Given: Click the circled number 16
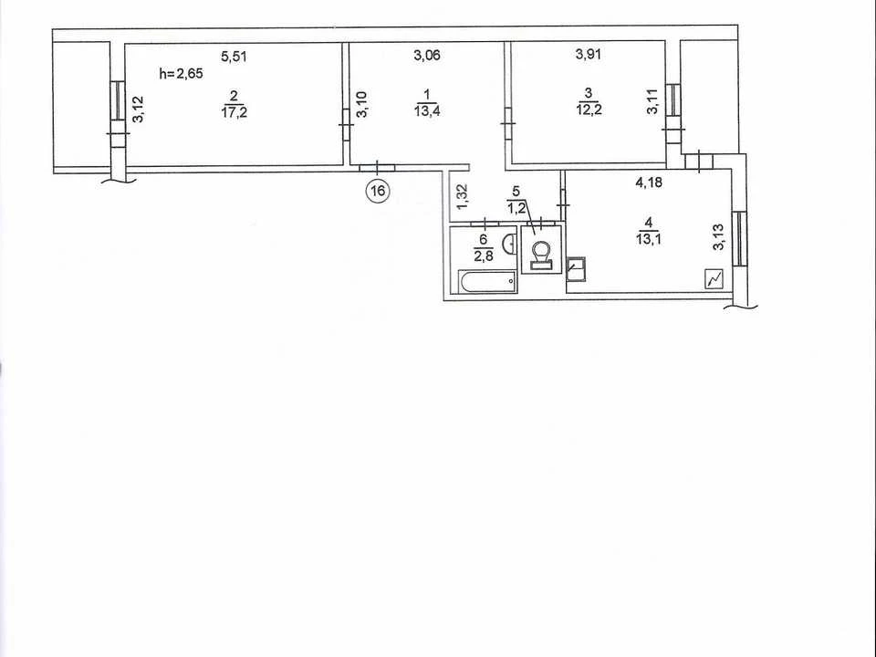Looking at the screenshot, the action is (x=378, y=191).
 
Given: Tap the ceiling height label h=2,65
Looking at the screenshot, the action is (x=181, y=73).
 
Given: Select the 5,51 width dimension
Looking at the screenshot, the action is (x=235, y=56).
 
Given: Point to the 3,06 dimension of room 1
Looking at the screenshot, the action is (x=427, y=55).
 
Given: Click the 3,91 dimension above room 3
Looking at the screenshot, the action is (x=589, y=54).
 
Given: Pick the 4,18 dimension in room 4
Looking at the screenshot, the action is (x=649, y=182).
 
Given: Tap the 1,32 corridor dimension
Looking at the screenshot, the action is (x=464, y=197).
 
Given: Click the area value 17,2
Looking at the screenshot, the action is (x=235, y=111).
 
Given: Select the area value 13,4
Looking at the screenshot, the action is (x=427, y=111).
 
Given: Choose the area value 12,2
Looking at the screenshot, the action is (x=589, y=109).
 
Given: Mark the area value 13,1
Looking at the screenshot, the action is (x=648, y=238).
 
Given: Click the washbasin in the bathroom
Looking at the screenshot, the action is (x=509, y=245).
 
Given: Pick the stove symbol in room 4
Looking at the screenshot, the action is (x=714, y=279).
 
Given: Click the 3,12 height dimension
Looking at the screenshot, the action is (x=138, y=109).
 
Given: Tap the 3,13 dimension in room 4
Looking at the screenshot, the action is (x=719, y=237).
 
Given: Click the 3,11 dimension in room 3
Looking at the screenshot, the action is (x=652, y=102).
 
